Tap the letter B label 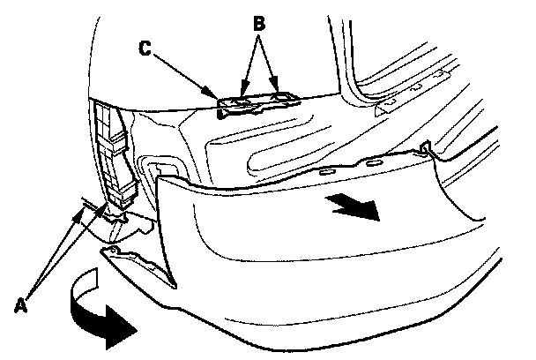tap(259, 25)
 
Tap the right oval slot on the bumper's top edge tap(374, 162)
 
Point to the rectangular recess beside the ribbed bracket tap(163, 169)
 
